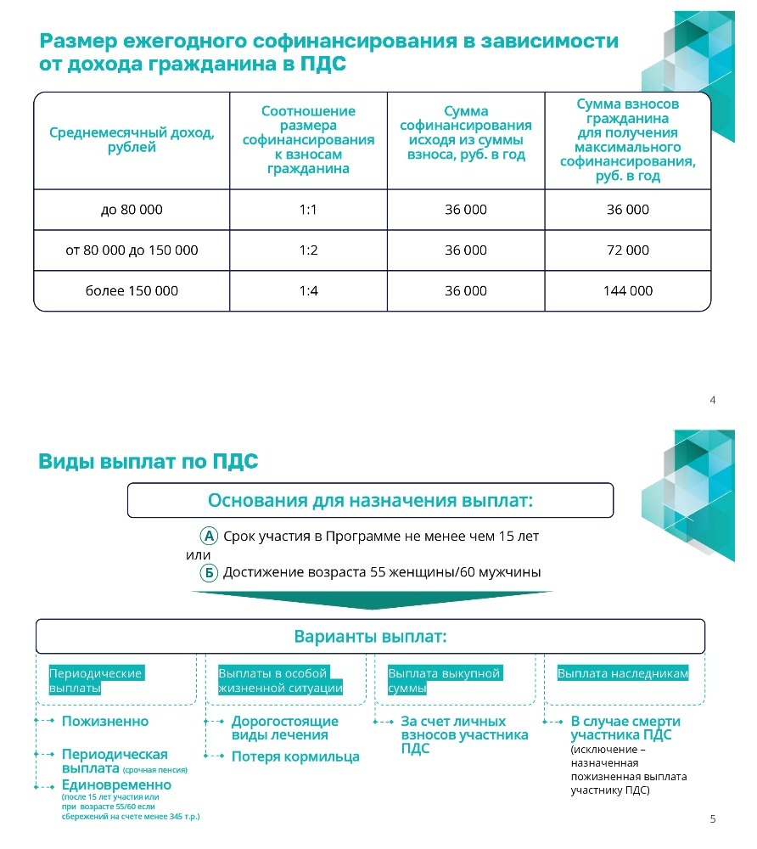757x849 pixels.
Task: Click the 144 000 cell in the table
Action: click(x=627, y=291)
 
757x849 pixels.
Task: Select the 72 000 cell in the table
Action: click(x=627, y=250)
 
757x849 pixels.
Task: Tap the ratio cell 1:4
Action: click(x=308, y=291)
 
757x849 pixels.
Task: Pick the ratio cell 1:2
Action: click(x=308, y=250)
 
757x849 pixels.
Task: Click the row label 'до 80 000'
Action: click(x=132, y=210)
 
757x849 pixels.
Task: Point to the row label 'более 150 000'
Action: click(x=132, y=291)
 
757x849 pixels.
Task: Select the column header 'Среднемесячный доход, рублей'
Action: click(x=132, y=140)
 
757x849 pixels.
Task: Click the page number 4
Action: click(x=712, y=399)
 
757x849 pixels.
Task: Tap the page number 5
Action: click(x=712, y=819)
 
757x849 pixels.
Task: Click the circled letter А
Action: click(x=209, y=537)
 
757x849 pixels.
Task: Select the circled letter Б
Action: click(x=209, y=573)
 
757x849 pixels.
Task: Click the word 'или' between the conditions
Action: click(x=198, y=554)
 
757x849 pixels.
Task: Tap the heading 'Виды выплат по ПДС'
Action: click(x=148, y=462)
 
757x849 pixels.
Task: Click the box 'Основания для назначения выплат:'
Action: click(x=370, y=501)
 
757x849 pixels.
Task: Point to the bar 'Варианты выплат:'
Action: click(x=370, y=637)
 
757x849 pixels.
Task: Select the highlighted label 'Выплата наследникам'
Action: click(x=622, y=673)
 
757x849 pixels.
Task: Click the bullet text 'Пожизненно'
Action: click(x=105, y=722)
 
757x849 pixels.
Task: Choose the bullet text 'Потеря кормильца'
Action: click(x=295, y=756)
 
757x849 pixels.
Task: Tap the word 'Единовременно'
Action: click(x=116, y=785)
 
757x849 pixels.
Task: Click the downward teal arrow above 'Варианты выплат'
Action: click(x=370, y=600)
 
